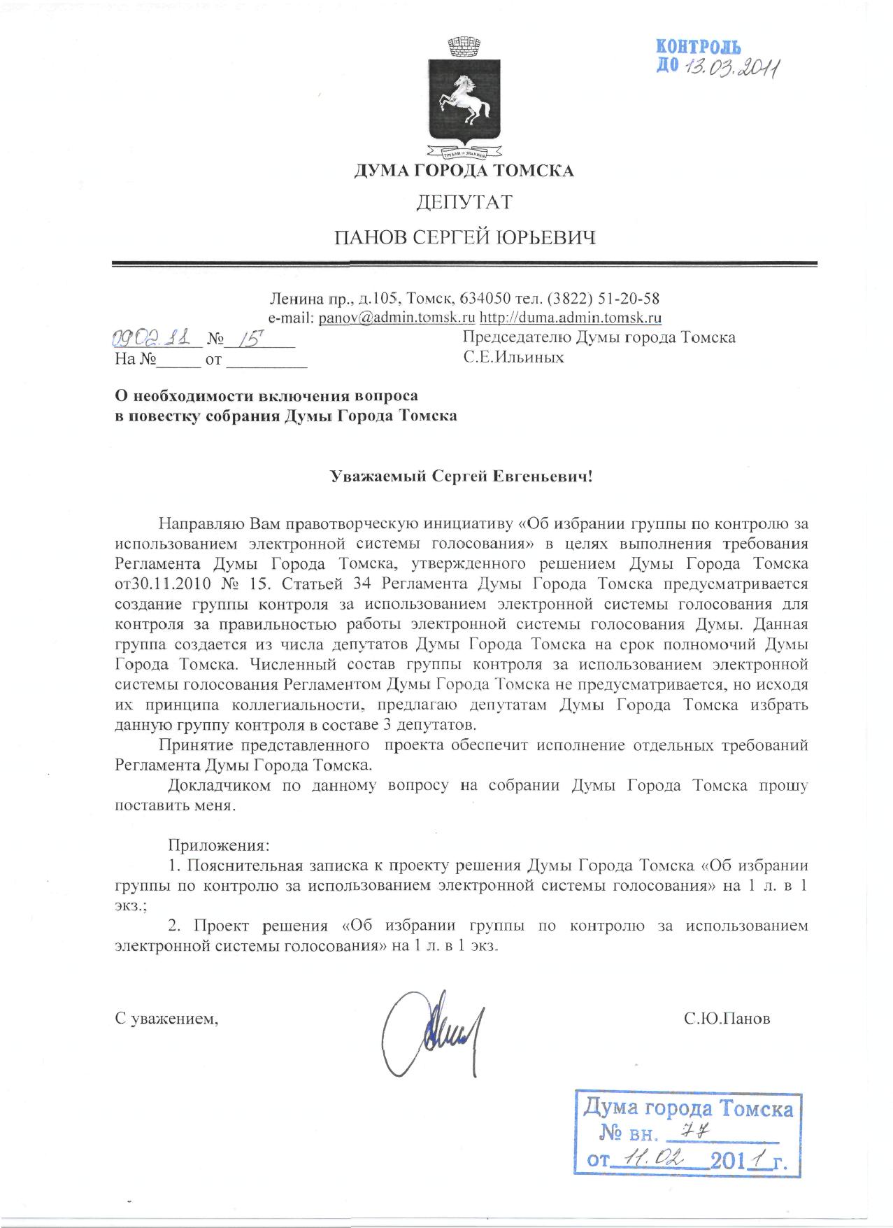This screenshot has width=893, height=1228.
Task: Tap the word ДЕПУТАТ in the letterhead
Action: coord(464,203)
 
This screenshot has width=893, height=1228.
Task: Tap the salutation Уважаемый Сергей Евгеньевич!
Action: coord(462,477)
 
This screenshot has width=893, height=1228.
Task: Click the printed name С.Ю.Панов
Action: coord(727,1019)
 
